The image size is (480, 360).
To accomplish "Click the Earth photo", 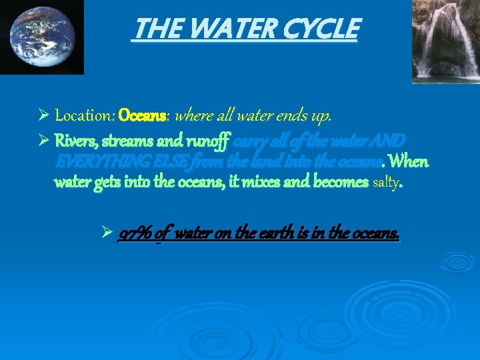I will pyautogui.click(x=41, y=36).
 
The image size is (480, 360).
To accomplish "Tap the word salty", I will pyautogui.click(x=385, y=182).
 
